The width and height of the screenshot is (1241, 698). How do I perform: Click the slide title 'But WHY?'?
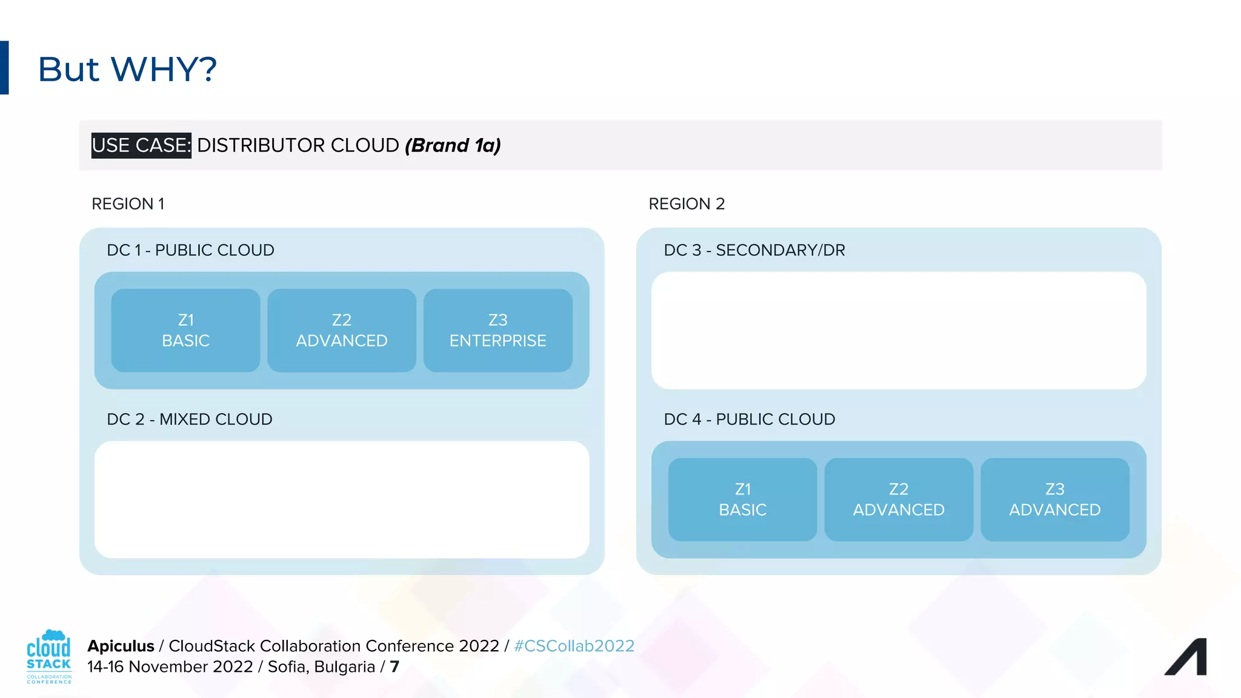pyautogui.click(x=127, y=69)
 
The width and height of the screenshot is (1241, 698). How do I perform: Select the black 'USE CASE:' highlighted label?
pyautogui.click(x=141, y=145)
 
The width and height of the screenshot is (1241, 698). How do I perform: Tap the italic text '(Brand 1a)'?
pyautogui.click(x=453, y=145)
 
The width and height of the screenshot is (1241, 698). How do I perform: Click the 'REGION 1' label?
pyautogui.click(x=128, y=204)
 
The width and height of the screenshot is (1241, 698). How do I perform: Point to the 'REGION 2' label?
pyautogui.click(x=687, y=204)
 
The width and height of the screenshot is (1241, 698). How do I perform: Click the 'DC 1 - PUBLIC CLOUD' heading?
pyautogui.click(x=190, y=250)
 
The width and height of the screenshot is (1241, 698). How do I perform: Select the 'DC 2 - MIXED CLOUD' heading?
pyautogui.click(x=190, y=419)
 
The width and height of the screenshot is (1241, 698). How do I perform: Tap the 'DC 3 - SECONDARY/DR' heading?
pyautogui.click(x=754, y=250)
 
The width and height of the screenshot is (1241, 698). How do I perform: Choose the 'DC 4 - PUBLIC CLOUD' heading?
pyautogui.click(x=750, y=419)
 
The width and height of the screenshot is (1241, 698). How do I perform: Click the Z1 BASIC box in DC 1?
pyautogui.click(x=185, y=330)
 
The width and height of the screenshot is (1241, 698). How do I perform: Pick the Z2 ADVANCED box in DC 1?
pyautogui.click(x=342, y=330)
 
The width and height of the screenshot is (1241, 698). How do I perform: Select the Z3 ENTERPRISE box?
pyautogui.click(x=498, y=330)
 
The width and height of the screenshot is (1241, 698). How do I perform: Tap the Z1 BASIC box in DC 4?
pyautogui.click(x=743, y=499)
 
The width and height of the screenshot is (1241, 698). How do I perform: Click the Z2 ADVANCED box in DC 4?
pyautogui.click(x=899, y=499)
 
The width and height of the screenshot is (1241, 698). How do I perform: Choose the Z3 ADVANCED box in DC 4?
pyautogui.click(x=1055, y=499)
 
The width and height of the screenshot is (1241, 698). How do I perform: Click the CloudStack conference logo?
pyautogui.click(x=49, y=657)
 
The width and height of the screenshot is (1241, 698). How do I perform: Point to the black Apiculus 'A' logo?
pyautogui.click(x=1186, y=657)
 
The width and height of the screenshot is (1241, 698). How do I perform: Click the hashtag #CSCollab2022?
pyautogui.click(x=574, y=646)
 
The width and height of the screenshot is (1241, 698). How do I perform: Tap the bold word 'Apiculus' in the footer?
pyautogui.click(x=121, y=646)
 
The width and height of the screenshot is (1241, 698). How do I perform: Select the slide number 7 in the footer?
pyautogui.click(x=395, y=666)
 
